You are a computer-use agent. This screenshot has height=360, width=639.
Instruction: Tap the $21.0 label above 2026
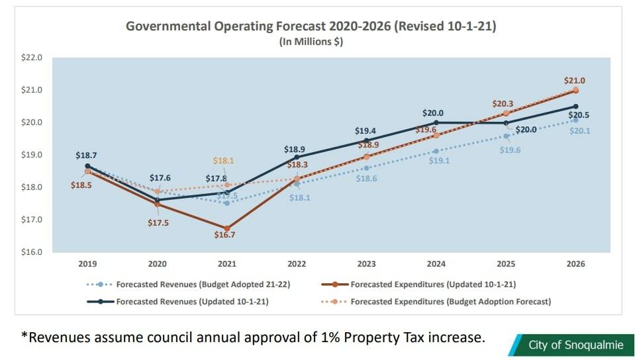point(574,81)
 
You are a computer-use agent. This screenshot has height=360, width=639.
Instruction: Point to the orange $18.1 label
point(224,161)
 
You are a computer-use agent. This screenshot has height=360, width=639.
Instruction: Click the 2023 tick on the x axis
point(366,263)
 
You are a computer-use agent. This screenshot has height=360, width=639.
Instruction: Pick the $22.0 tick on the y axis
point(32,58)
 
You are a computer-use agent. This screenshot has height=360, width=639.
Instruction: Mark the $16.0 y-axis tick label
point(32,252)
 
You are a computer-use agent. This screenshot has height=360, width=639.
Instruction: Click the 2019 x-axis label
point(87,263)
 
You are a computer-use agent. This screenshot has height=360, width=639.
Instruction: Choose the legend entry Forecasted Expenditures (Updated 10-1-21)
point(433,285)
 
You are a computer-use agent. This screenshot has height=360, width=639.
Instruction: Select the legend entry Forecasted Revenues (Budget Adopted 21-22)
point(198,285)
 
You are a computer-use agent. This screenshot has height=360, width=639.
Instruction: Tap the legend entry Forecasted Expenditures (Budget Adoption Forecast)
point(450,302)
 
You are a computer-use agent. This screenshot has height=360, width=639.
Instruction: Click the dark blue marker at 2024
point(436,122)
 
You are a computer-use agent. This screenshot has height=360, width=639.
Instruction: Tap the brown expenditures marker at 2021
point(226,228)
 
